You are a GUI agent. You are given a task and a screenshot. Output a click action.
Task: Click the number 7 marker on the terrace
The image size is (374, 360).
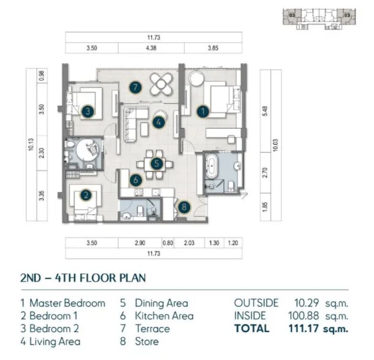[x=135, y=87]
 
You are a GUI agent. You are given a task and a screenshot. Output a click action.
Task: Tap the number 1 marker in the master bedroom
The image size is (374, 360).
[x=203, y=111]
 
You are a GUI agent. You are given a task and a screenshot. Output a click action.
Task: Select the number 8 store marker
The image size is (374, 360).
[x=184, y=207]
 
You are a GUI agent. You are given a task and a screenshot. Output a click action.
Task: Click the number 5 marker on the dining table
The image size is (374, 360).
[x=157, y=164]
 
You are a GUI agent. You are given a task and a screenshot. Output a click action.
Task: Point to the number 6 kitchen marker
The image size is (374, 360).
[x=136, y=180]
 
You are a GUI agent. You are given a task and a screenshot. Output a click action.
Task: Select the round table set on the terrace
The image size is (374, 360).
[x=161, y=84]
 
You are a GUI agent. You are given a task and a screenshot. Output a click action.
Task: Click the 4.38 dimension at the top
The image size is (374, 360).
[x=151, y=48]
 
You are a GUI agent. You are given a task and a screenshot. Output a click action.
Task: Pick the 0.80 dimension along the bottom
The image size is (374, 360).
[x=168, y=243]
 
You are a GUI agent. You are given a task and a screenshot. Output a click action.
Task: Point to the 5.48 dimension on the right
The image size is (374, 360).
[x=265, y=111]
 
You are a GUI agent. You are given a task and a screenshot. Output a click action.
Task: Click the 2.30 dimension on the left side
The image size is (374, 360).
[x=41, y=153]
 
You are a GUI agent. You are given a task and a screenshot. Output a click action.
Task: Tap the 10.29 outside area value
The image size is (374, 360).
[x=307, y=303]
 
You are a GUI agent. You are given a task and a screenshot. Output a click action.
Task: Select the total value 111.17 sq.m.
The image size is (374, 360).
[x=318, y=329]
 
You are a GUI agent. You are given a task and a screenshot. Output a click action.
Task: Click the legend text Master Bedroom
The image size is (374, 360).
[x=67, y=303]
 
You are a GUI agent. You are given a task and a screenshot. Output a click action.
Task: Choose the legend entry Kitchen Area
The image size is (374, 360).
[x=164, y=316]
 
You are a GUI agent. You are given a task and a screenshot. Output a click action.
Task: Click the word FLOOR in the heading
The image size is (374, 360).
[x=98, y=278]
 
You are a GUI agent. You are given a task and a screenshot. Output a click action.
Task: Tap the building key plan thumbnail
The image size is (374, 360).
[x=319, y=19]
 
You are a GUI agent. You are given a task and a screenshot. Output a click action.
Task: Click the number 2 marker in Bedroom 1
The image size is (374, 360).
[x=86, y=195]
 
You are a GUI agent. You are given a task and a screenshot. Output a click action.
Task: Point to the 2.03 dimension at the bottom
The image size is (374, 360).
[x=189, y=243]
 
